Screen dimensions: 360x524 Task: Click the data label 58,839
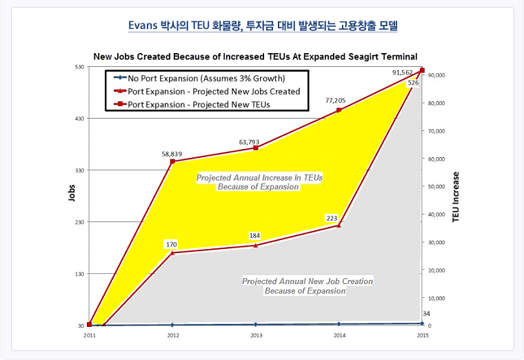click(x=172, y=154)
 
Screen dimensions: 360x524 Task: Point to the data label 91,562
click(x=403, y=72)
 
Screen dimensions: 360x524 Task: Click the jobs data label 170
click(x=172, y=244)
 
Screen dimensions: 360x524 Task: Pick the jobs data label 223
click(x=332, y=218)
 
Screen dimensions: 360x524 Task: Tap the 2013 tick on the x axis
click(x=256, y=335)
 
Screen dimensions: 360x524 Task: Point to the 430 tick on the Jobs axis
click(x=79, y=119)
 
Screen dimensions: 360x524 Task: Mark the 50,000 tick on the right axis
click(x=438, y=186)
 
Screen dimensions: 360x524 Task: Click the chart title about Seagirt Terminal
click(x=255, y=56)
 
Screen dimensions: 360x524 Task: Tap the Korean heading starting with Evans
click(x=262, y=26)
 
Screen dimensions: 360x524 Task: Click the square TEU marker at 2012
click(x=172, y=162)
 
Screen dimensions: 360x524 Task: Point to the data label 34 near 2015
click(x=425, y=314)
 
